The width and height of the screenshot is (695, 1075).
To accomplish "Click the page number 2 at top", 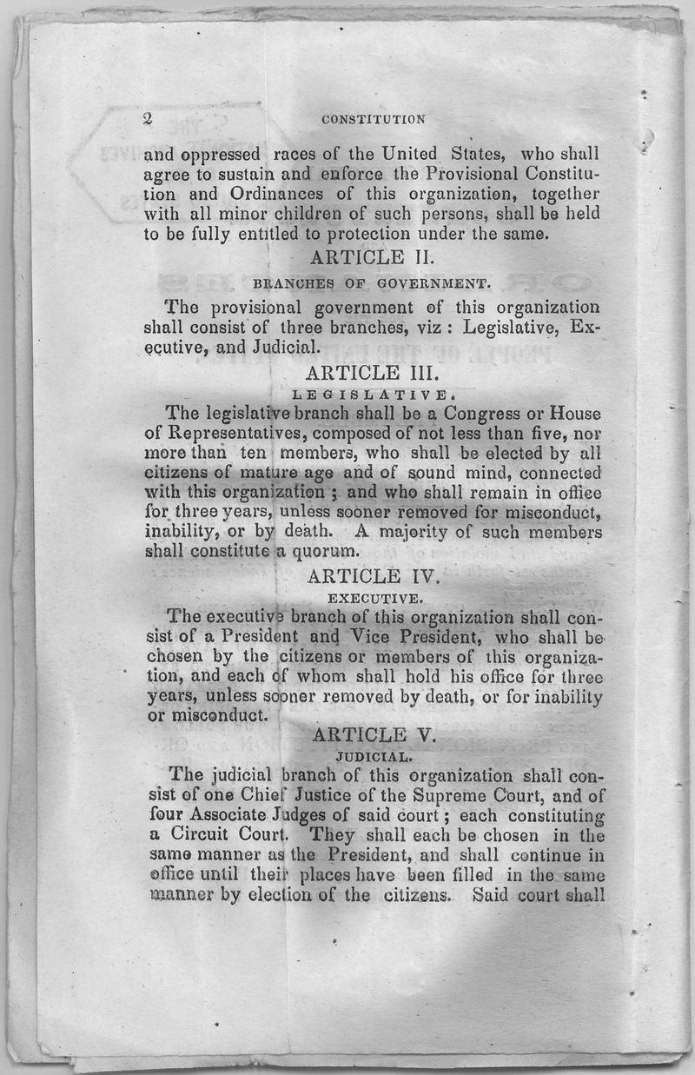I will (147, 119).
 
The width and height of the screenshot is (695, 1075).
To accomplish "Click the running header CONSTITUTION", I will (373, 120).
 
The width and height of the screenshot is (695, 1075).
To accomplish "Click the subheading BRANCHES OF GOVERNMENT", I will (372, 283).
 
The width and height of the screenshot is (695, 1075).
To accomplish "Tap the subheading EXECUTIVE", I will (374, 598).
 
